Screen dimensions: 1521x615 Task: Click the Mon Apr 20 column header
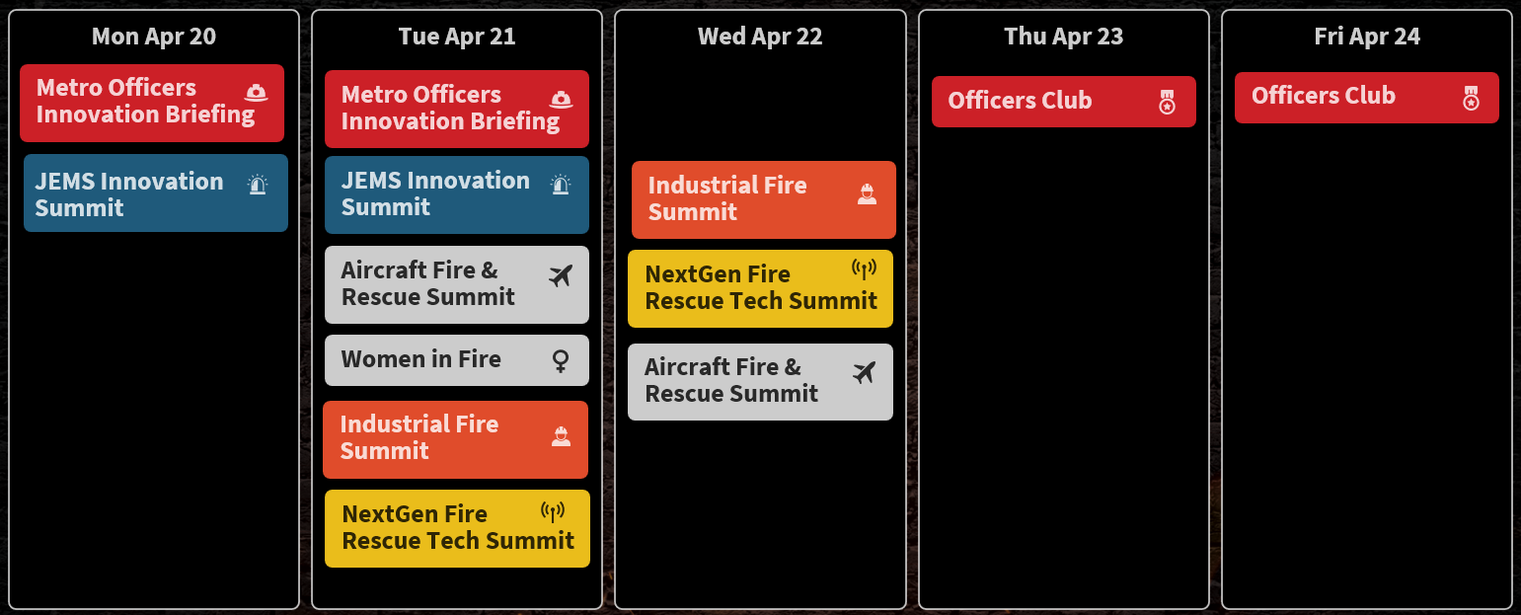154,36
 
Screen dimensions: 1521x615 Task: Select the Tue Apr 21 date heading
457,36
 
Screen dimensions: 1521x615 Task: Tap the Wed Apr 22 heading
760,36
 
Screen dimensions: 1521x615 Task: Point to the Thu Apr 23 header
1063,36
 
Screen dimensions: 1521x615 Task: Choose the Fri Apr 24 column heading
1367,36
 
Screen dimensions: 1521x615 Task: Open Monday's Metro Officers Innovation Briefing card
152,104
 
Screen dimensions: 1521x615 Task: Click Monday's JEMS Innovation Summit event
156,193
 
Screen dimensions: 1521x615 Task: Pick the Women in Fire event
457,359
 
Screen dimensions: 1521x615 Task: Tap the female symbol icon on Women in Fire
561,360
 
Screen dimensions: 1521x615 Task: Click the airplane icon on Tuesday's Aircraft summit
561,275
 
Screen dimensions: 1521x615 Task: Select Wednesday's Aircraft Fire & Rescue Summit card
760,381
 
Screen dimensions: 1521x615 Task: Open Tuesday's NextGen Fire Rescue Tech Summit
457,528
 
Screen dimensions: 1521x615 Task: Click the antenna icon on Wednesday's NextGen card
865,269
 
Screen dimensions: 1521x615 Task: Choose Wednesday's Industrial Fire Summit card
764,199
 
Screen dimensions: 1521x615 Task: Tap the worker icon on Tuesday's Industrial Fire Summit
561,436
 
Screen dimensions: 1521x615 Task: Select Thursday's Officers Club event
1063,102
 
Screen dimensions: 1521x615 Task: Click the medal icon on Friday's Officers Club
1472,99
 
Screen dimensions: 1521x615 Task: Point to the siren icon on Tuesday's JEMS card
561,184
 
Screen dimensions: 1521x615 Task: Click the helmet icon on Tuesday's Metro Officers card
561,99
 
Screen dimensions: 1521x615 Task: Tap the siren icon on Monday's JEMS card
258,184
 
